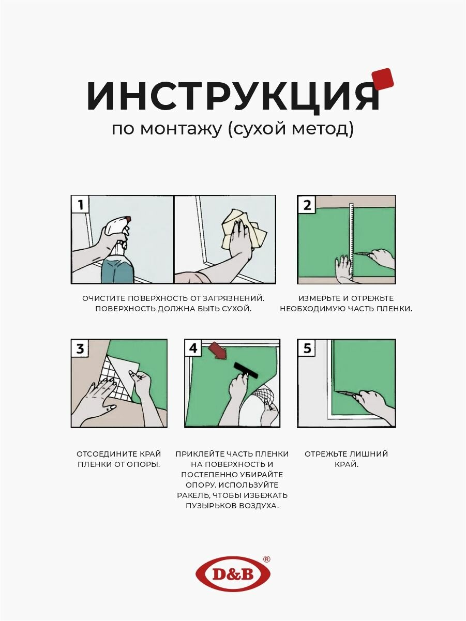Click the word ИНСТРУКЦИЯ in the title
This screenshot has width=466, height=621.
tap(233, 97)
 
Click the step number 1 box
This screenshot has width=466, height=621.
tap(80, 204)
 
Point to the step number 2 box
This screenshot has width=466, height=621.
tap(306, 204)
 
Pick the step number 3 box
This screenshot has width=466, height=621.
tap(80, 348)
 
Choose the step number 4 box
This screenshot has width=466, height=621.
tap(193, 348)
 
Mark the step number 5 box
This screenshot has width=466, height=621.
tap(306, 348)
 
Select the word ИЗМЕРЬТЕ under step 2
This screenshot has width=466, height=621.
tap(317, 298)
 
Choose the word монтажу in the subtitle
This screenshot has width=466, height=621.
tap(181, 129)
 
